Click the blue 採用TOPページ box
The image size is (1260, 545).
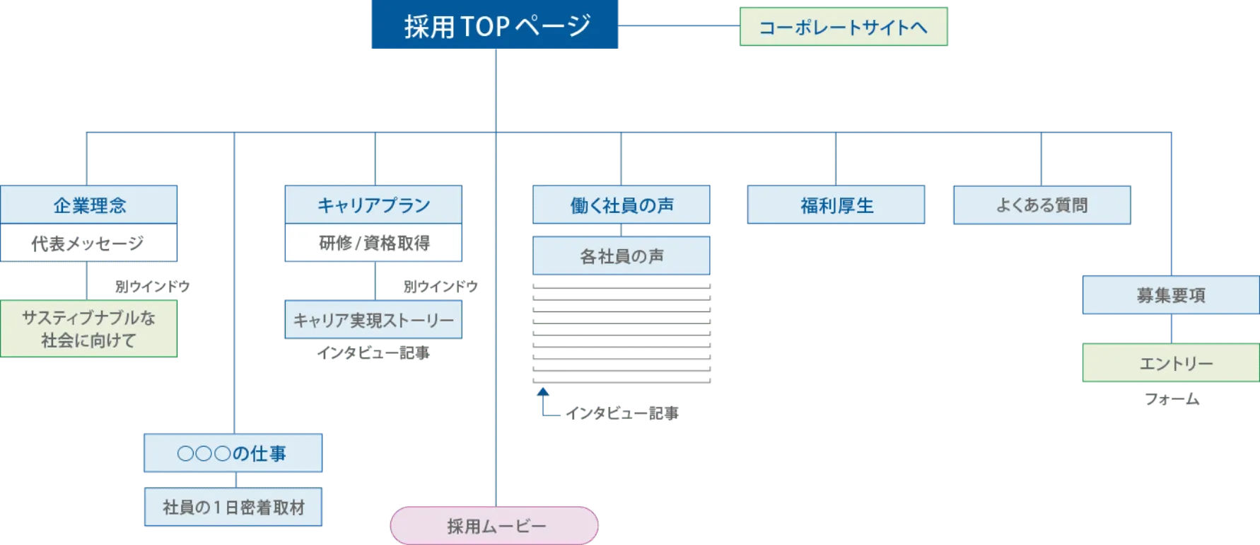495,25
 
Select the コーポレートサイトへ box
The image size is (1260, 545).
843,27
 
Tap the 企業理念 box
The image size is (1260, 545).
89,205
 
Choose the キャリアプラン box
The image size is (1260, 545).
373,205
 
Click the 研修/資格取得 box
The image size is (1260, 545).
373,243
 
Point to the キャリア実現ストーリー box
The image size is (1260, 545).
373,320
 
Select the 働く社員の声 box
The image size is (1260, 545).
622,205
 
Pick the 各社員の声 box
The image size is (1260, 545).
622,256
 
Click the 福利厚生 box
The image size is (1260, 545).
836,205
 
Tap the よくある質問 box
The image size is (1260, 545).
1042,205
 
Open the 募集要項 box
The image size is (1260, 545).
1170,295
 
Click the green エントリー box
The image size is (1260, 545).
1170,364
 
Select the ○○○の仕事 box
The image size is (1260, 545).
233,453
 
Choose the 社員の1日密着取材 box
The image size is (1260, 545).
233,507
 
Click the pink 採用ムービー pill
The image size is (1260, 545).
494,526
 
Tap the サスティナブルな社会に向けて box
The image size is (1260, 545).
89,329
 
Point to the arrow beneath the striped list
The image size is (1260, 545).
544,402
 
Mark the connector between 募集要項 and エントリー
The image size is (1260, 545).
1171,329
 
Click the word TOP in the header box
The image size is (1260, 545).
485,26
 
